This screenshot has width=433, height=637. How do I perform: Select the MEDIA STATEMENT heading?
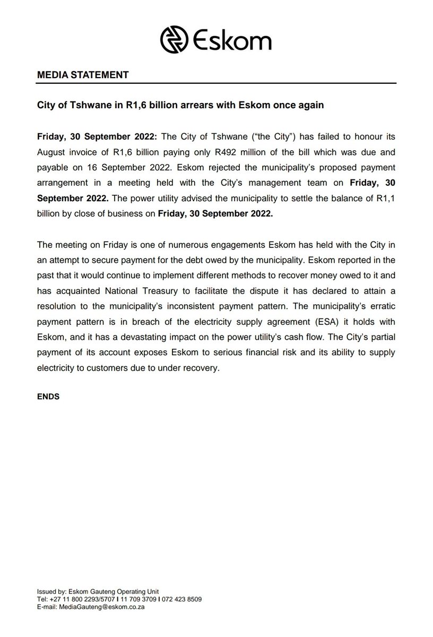[82, 75]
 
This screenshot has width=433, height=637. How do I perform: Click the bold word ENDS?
[48, 396]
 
